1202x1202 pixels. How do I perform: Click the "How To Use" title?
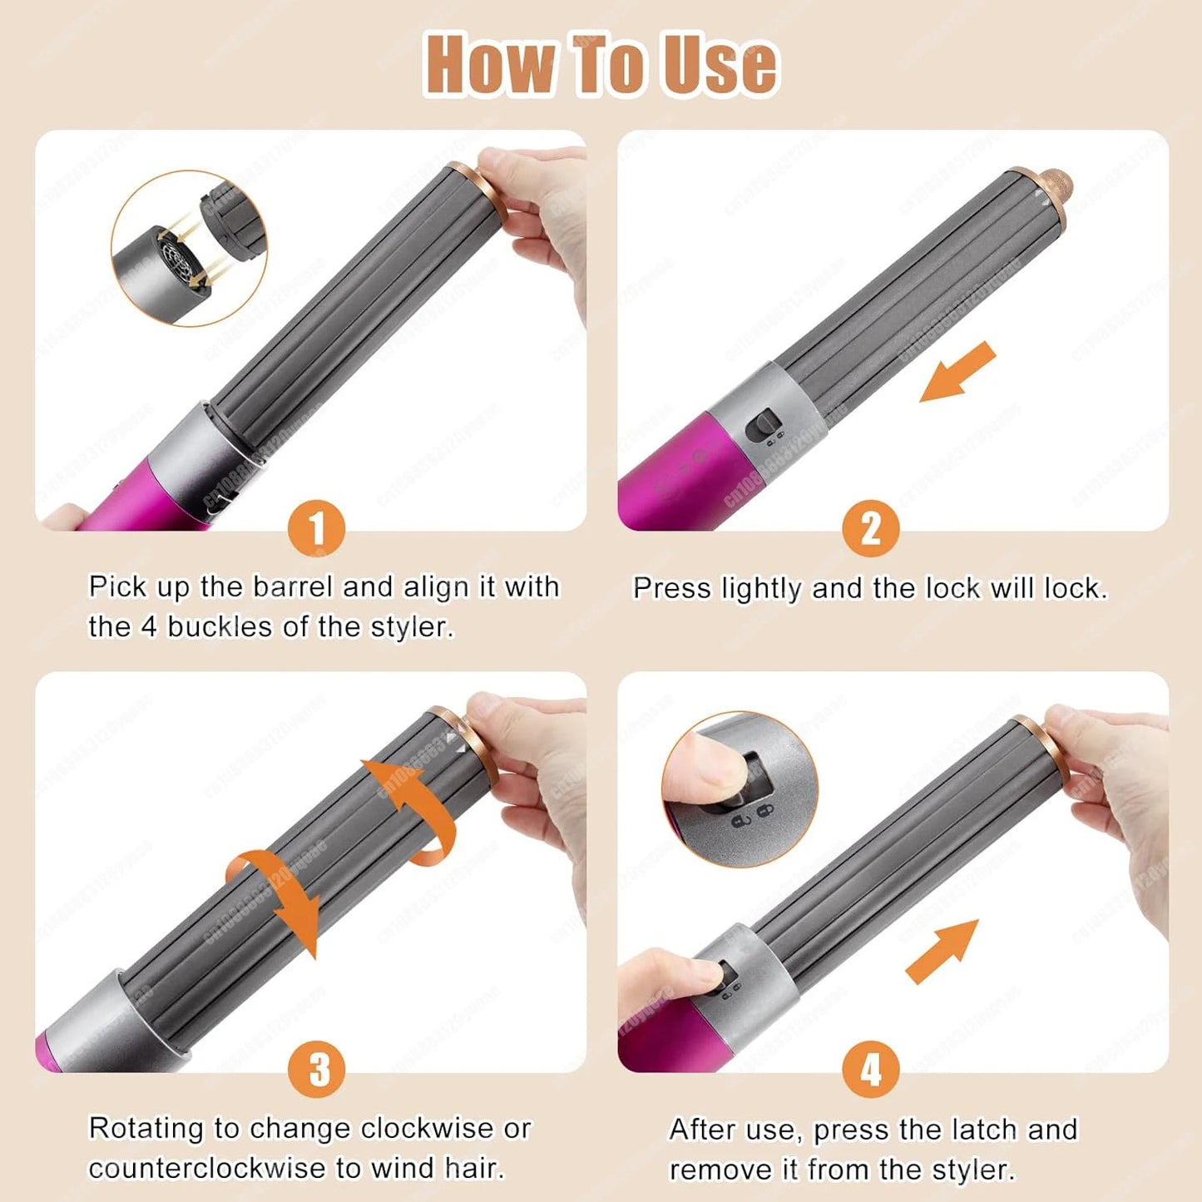click(x=601, y=65)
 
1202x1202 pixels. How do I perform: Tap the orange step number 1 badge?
click(x=316, y=529)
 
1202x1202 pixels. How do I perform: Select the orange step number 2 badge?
click(x=870, y=529)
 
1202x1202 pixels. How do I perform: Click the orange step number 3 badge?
click(x=316, y=1070)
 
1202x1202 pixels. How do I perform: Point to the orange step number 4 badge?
click(x=870, y=1070)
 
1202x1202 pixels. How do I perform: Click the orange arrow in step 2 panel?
click(x=957, y=372)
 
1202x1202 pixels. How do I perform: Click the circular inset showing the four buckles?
click(x=189, y=248)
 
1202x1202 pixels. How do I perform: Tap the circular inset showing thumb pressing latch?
click(x=740, y=789)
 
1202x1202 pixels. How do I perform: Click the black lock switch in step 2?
click(x=763, y=427)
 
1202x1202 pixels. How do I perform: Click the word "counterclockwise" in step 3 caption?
click(x=208, y=1169)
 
